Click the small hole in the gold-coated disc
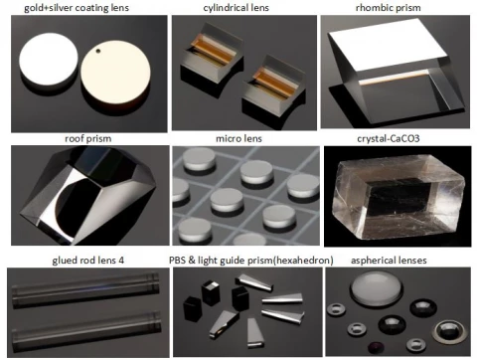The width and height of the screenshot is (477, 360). pos(98,51)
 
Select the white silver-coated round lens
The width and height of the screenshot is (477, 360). pos(49,60)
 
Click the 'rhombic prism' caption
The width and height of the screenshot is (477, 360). pos(389,7)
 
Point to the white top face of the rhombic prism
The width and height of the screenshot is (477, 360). pos(389,44)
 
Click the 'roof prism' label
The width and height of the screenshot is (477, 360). pos(87,138)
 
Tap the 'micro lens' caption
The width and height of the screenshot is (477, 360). pos(238,138)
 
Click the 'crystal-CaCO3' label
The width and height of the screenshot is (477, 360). pos(389,138)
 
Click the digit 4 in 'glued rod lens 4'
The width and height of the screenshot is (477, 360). pos(121,261)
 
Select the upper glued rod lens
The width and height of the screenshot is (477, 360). pos(85,287)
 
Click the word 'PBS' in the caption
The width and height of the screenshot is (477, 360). pos(177,260)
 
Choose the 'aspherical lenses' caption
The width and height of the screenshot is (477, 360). pos(389,261)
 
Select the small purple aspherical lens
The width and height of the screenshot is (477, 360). pos(376,347)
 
